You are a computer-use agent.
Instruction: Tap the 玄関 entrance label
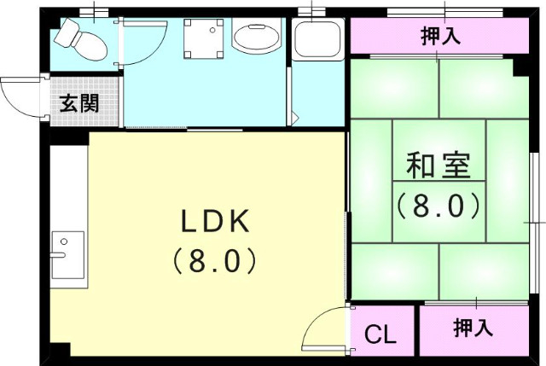coord(78,104)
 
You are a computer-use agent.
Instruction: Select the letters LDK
coord(214,222)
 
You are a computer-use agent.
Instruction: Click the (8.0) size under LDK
coord(214,259)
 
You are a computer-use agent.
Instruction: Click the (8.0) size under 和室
coord(438,205)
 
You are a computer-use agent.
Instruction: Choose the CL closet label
coord(380,334)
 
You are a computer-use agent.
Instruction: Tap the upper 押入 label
coord(441,36)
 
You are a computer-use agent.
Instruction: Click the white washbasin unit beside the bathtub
coord(317,39)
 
